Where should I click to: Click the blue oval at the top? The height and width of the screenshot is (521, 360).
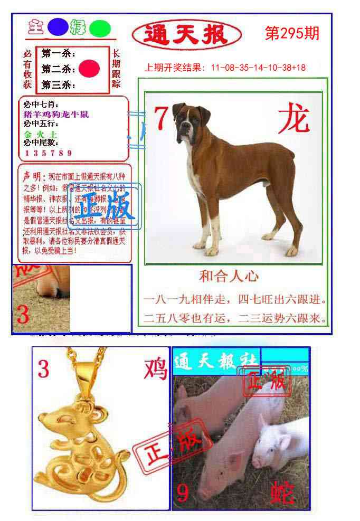tap(58, 27)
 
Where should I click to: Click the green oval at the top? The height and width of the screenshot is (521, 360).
tap(100, 29)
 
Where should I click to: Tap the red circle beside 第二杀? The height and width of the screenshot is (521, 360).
tap(89, 69)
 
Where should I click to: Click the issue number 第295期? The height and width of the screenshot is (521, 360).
tap(292, 33)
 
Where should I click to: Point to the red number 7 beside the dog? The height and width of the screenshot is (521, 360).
tap(161, 118)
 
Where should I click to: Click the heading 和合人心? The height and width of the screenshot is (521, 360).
tap(229, 276)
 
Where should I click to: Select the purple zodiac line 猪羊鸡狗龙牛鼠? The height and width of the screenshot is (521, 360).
tap(56, 114)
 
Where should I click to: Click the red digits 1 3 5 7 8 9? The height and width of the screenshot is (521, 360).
tap(48, 153)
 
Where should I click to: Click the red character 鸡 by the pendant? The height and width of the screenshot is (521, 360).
tap(155, 368)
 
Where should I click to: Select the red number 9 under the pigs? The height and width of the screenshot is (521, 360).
tap(183, 493)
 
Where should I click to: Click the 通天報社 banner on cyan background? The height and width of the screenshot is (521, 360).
tap(215, 362)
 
